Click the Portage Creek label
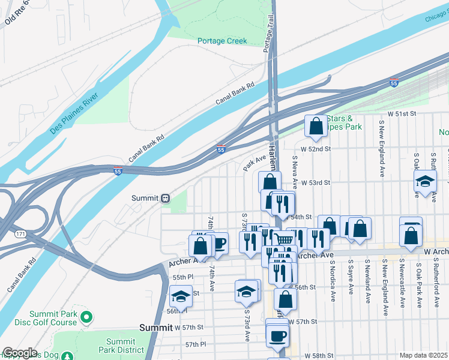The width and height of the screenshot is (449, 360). pyautogui.click(x=221, y=41)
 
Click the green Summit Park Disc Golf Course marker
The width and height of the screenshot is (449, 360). pyautogui.click(x=85, y=316)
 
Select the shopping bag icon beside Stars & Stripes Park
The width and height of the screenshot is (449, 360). pyautogui.click(x=316, y=127)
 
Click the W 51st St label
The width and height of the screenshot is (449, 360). pyautogui.click(x=402, y=113)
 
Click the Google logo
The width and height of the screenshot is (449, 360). pyautogui.click(x=20, y=352)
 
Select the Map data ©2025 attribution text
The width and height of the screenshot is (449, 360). pyautogui.click(x=424, y=355)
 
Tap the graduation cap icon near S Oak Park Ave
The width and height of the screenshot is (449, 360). pyautogui.click(x=425, y=182)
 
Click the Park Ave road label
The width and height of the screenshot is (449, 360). pyautogui.click(x=254, y=163)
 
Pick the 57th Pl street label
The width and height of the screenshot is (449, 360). pyautogui.click(x=196, y=344)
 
